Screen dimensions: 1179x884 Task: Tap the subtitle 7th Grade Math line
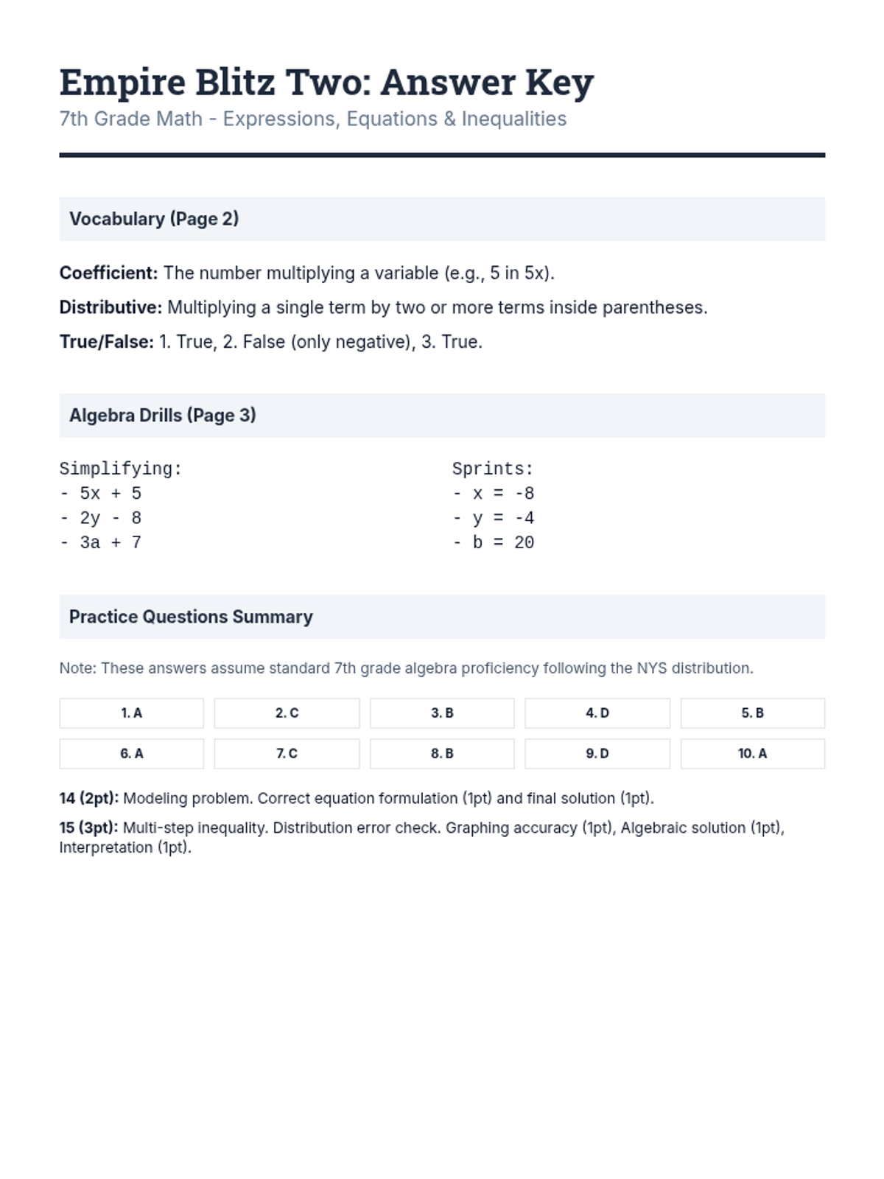point(312,119)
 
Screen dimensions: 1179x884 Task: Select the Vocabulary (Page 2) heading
point(154,219)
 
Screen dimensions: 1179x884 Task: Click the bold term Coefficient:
point(108,273)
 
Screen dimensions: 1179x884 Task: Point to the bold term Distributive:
point(110,307)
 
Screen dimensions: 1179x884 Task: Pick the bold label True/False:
point(106,342)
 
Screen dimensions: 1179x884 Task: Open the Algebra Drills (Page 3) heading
point(162,416)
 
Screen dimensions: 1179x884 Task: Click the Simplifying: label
point(120,469)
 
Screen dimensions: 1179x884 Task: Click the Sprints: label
point(492,469)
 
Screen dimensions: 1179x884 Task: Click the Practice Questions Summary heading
point(191,617)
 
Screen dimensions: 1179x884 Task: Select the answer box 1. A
point(131,713)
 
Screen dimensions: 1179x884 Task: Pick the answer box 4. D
point(597,713)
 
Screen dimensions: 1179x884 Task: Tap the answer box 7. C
point(287,754)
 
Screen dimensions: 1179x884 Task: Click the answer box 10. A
point(752,754)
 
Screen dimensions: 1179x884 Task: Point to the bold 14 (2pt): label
point(88,798)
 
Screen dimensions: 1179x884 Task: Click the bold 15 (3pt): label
point(88,828)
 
